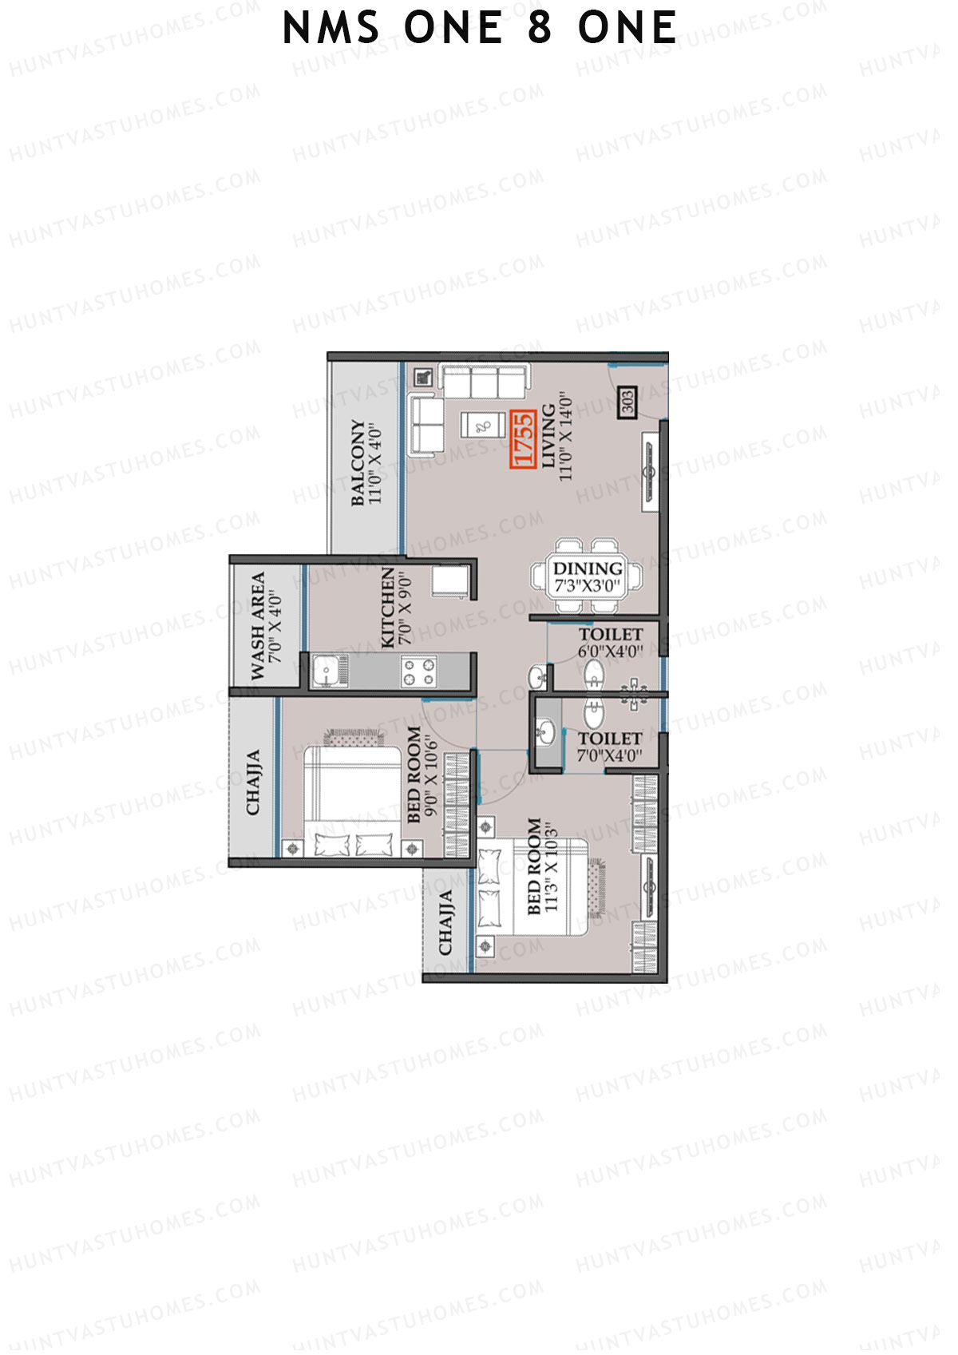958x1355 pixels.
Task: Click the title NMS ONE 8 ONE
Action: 479,29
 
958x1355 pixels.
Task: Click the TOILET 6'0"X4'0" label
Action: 611,642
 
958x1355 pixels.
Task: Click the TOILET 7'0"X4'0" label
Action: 610,747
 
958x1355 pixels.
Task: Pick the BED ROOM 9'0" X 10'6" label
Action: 422,775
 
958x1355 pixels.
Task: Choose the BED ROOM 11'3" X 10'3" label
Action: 542,866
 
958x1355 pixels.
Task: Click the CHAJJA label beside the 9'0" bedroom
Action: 253,782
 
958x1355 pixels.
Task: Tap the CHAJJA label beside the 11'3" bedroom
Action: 445,922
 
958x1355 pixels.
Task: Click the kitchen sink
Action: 326,671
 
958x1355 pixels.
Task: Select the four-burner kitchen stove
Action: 418,671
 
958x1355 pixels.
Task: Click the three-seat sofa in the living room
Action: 484,381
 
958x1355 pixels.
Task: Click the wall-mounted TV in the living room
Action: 651,471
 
